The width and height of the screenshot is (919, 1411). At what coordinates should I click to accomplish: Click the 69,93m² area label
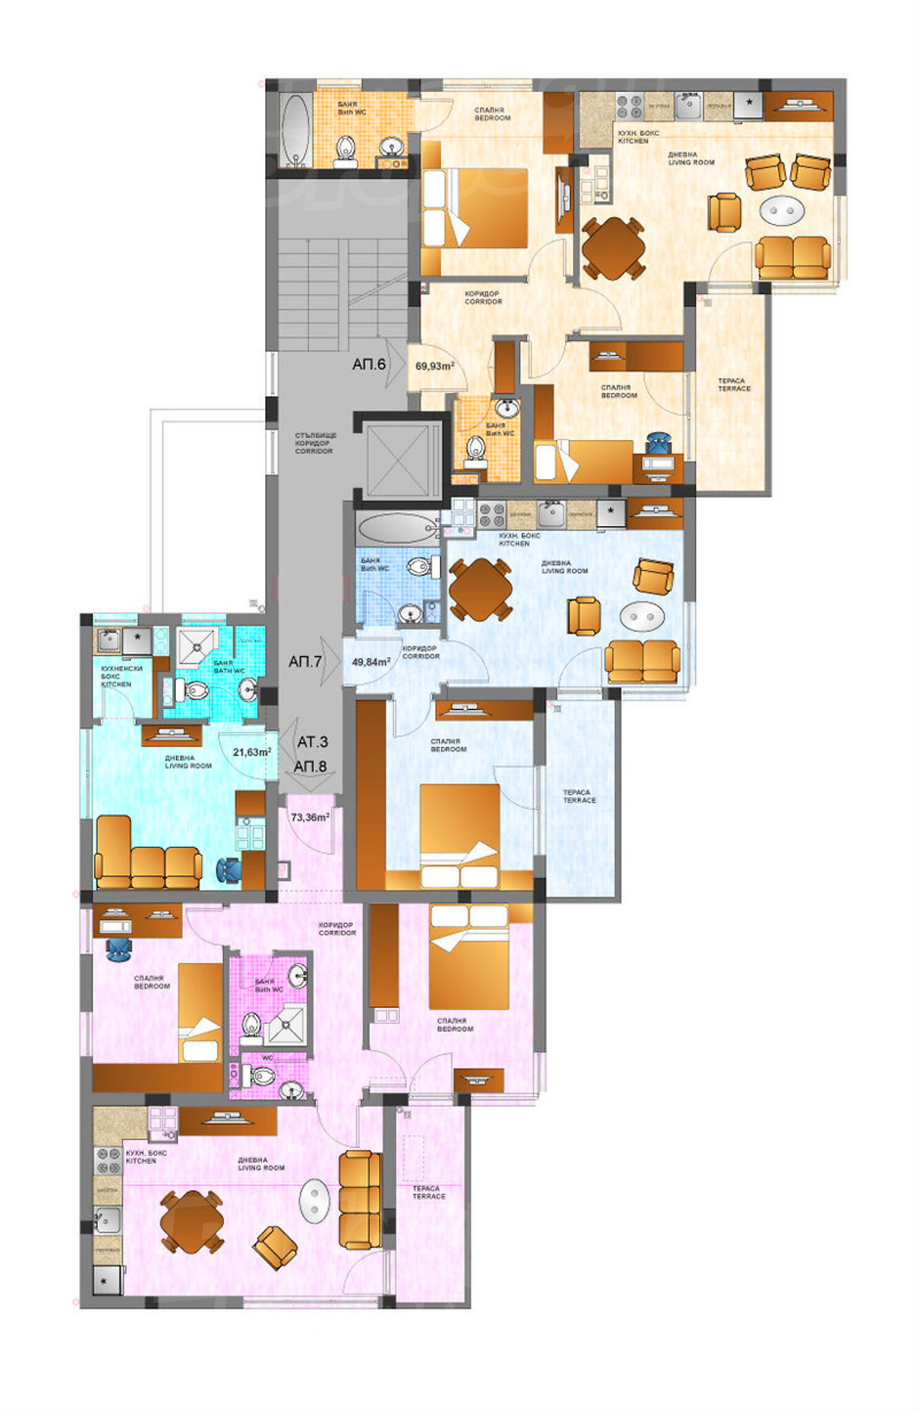click(434, 366)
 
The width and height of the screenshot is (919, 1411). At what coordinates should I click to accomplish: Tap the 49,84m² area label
click(371, 662)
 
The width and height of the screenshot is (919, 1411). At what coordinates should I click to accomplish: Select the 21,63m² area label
click(252, 752)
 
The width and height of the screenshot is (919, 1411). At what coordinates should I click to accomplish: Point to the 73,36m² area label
click(310, 817)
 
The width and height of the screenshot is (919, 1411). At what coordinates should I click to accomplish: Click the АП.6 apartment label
click(369, 365)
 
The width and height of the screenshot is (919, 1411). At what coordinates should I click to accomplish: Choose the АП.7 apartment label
click(305, 662)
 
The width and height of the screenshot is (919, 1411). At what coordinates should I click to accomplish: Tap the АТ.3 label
click(312, 742)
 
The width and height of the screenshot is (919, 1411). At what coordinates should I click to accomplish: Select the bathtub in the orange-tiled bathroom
click(295, 129)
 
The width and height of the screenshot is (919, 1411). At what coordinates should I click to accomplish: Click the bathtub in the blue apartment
click(396, 528)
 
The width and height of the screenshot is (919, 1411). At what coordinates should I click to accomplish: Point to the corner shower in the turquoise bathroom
click(197, 645)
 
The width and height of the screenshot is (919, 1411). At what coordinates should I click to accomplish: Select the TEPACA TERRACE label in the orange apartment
click(734, 385)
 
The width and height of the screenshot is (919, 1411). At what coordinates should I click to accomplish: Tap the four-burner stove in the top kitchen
click(629, 107)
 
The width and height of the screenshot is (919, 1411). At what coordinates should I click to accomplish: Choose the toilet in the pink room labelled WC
click(262, 1075)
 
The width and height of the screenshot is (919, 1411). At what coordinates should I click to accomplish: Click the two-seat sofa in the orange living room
click(793, 258)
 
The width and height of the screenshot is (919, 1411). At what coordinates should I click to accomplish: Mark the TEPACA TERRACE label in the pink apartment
click(428, 1192)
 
